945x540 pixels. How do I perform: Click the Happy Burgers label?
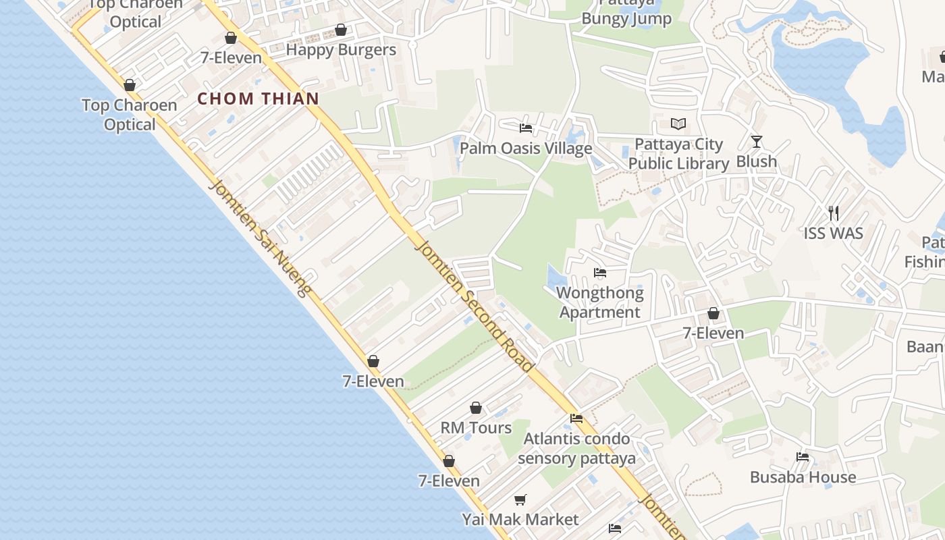click(341, 50)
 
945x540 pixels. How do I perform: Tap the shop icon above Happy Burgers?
click(341, 30)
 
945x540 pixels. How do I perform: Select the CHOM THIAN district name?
click(258, 99)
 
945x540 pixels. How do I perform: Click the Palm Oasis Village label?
click(526, 148)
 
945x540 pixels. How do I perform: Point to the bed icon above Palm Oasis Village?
click(526, 128)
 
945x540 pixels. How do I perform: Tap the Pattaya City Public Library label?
click(678, 154)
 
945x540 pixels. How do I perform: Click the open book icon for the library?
click(678, 124)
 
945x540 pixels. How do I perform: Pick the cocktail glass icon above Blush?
click(757, 142)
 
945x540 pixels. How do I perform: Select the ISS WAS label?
click(833, 234)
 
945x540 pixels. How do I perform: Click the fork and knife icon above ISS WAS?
click(834, 213)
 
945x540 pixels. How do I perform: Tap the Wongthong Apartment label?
click(600, 302)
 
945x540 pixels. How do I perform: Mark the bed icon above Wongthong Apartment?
click(600, 273)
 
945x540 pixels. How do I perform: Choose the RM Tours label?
click(476, 428)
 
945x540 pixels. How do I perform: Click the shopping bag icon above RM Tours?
click(476, 408)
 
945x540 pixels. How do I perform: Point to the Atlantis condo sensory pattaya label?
click(577, 448)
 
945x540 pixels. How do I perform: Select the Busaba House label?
click(803, 477)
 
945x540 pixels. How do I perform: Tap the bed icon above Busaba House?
click(803, 457)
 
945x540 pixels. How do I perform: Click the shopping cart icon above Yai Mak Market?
click(520, 500)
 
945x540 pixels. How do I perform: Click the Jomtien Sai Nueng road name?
click(261, 238)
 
